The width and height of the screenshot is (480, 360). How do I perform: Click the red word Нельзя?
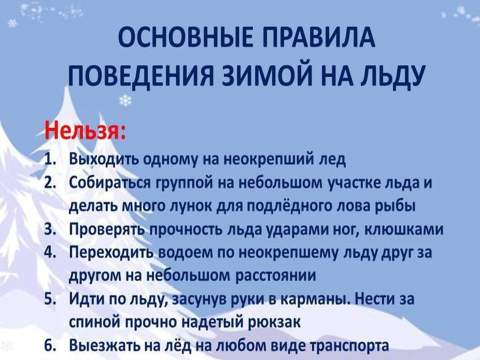[x=85, y=131]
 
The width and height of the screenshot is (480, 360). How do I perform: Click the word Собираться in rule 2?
[x=110, y=183]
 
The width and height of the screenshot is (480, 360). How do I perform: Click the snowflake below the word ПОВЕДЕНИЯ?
[x=125, y=100]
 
